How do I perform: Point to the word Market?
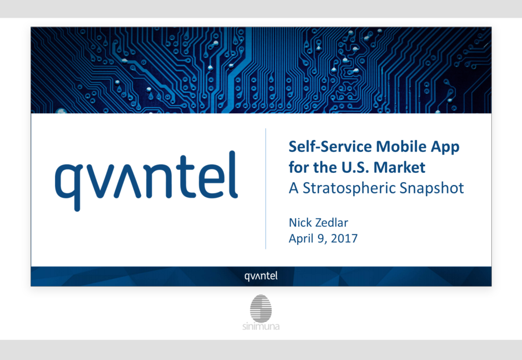399,167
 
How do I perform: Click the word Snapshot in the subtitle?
431,188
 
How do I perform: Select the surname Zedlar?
331,222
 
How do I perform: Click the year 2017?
344,239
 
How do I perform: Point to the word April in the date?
301,239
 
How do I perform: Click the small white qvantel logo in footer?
260,276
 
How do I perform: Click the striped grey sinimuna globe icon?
260,307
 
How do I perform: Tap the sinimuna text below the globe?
261,326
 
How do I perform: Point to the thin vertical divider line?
266,189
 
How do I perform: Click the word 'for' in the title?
298,167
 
